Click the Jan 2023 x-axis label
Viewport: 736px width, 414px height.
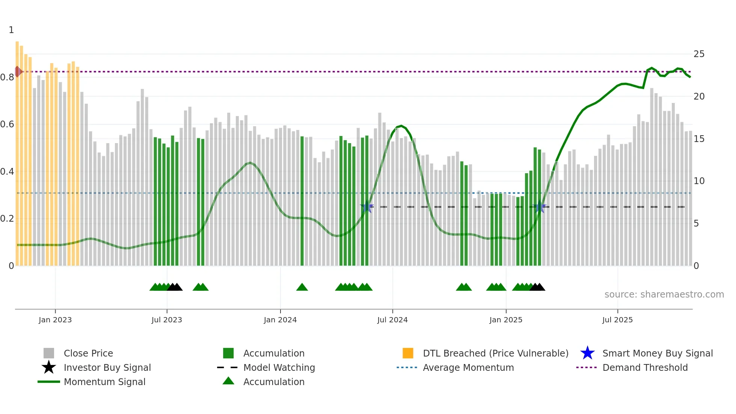pyautogui.click(x=55, y=320)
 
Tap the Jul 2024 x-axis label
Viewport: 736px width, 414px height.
pyautogui.click(x=392, y=320)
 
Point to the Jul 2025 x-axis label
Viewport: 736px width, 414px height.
pyautogui.click(x=617, y=320)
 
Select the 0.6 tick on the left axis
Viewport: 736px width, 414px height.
pyautogui.click(x=7, y=124)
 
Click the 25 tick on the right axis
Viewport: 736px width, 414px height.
pyautogui.click(x=699, y=54)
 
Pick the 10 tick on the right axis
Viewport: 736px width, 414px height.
pyautogui.click(x=699, y=181)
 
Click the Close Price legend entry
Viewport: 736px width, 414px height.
pyautogui.click(x=88, y=353)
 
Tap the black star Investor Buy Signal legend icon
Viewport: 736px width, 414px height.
pyautogui.click(x=49, y=367)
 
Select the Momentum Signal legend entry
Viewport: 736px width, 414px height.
pyautogui.click(x=104, y=382)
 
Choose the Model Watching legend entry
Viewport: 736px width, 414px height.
pyautogui.click(x=279, y=367)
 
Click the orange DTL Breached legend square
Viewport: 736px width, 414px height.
pyautogui.click(x=408, y=353)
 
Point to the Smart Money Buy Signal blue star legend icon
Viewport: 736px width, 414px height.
pyautogui.click(x=587, y=353)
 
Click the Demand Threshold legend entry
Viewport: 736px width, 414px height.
pyautogui.click(x=645, y=367)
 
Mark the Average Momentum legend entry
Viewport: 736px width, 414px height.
pyautogui.click(x=468, y=367)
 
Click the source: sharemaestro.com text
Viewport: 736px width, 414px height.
pyautogui.click(x=664, y=295)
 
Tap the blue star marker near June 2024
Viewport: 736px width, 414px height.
pyautogui.click(x=367, y=207)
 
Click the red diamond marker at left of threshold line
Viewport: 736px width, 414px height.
pyautogui.click(x=18, y=71)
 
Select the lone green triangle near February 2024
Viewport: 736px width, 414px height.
pyautogui.click(x=302, y=287)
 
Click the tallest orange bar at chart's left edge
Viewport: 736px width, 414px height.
pyautogui.click(x=17, y=150)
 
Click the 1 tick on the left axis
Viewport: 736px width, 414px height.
pyautogui.click(x=11, y=30)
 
